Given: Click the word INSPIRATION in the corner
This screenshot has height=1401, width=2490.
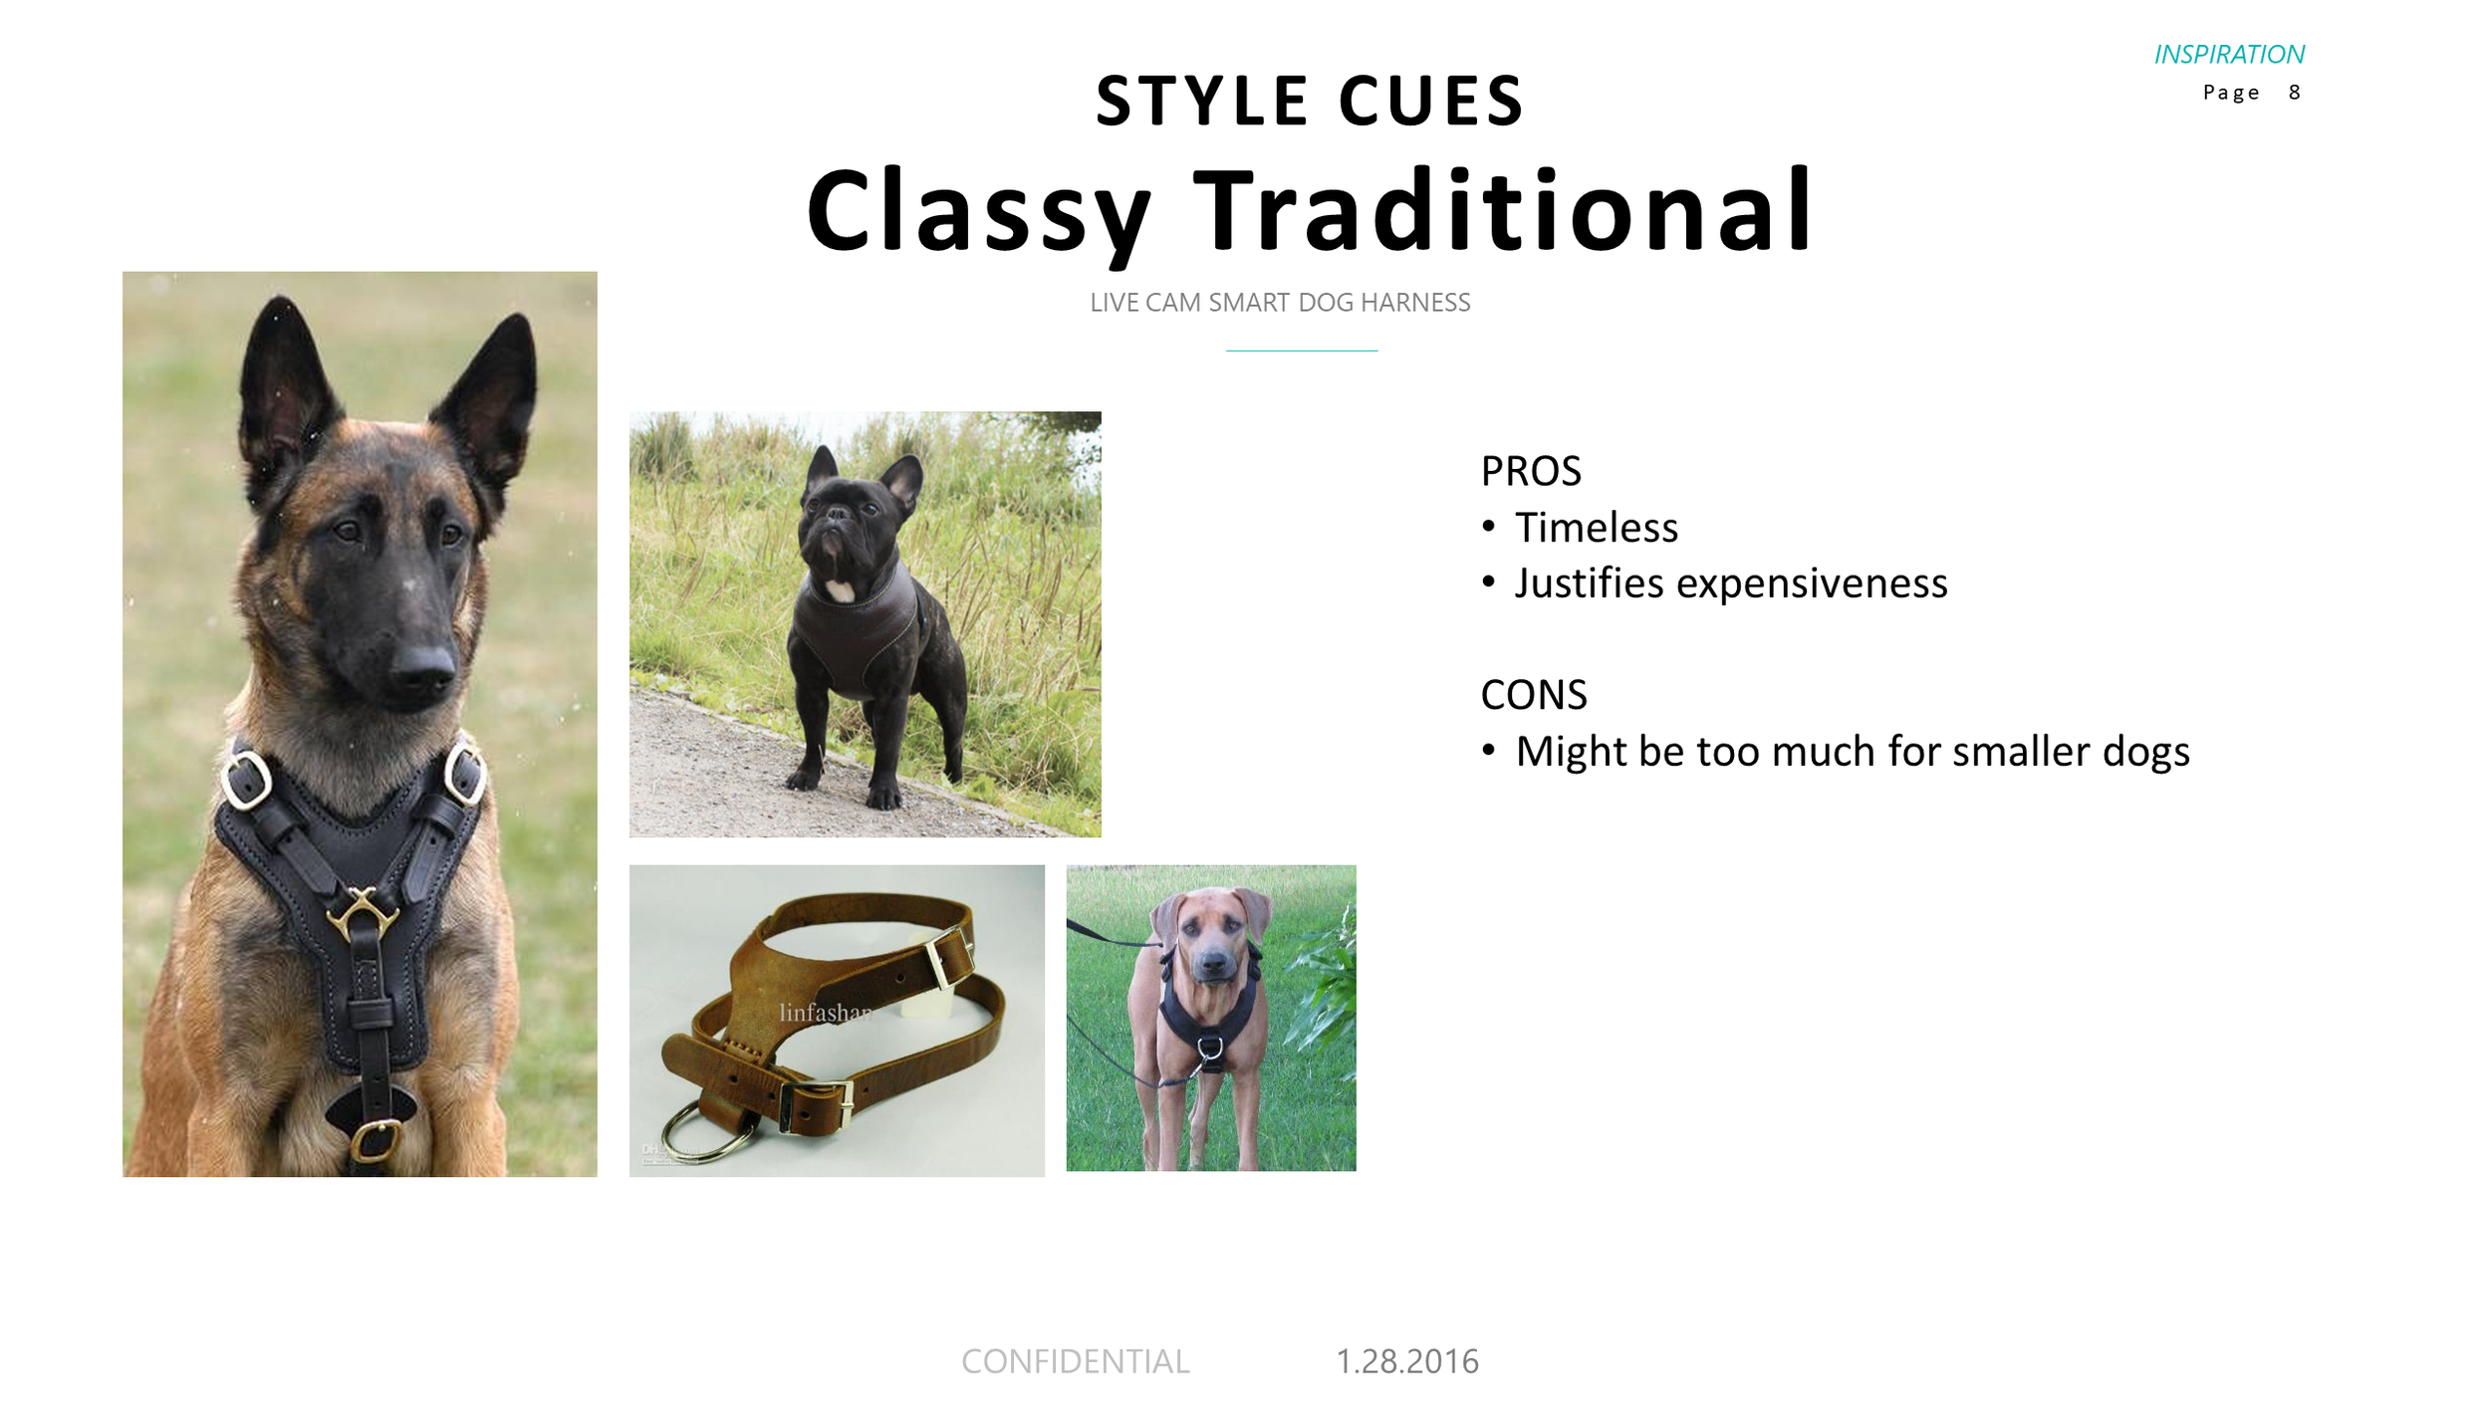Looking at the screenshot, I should [2228, 55].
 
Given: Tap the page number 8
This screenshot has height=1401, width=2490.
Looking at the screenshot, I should [2294, 93].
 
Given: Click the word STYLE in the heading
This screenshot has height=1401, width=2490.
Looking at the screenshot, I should [1201, 101].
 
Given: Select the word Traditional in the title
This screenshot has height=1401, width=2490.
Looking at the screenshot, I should [1503, 211].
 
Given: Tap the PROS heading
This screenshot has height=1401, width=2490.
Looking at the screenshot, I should [1530, 472].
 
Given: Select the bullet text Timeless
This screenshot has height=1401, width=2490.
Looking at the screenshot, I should [1596, 528].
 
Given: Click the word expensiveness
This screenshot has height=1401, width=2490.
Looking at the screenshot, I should [1811, 584].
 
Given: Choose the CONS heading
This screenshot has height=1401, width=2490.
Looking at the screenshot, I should [1533, 695].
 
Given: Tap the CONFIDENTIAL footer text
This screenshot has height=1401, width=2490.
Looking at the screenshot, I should [1075, 1361].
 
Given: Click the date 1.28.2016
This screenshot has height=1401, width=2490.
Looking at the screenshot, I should [1406, 1361].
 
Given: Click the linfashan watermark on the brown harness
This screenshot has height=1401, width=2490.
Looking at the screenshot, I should [825, 1013].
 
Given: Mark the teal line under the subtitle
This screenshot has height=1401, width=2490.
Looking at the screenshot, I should [1301, 350].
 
